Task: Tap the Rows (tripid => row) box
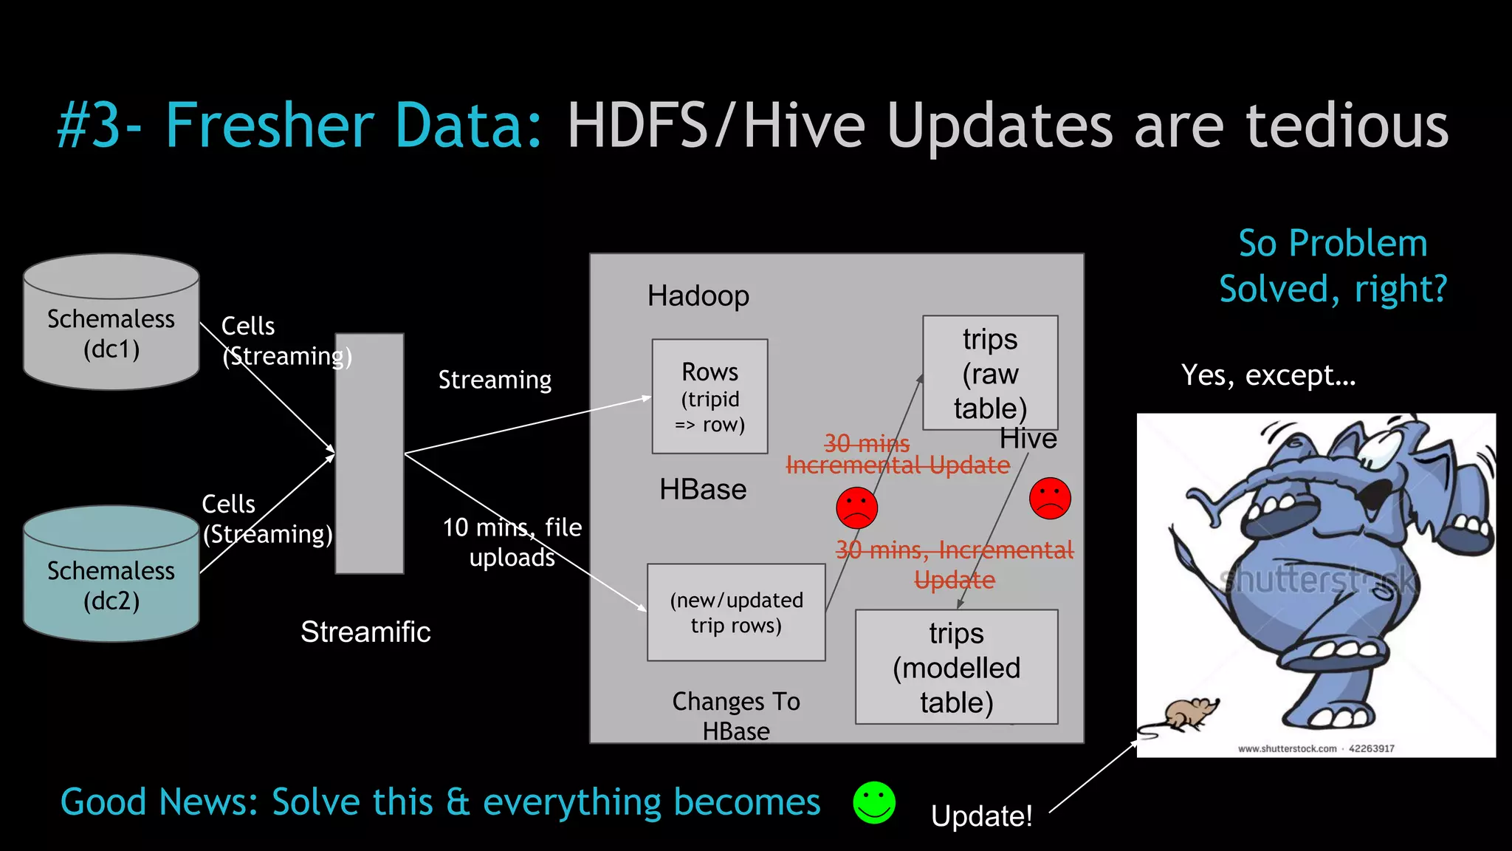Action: (x=709, y=397)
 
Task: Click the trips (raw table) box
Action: (x=989, y=373)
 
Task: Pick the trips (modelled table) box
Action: (x=956, y=667)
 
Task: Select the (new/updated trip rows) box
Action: (x=735, y=612)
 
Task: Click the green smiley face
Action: (x=874, y=802)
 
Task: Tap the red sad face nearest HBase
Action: (x=856, y=507)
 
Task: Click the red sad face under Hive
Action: (x=1050, y=498)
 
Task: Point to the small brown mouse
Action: (x=1189, y=714)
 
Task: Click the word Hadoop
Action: (x=698, y=296)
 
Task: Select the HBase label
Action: (x=703, y=490)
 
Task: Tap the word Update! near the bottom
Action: (x=981, y=816)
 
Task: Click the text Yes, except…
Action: (x=1268, y=375)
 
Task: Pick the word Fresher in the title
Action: (x=270, y=126)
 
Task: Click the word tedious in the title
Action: (x=1347, y=126)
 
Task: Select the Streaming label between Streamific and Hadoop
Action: (x=495, y=380)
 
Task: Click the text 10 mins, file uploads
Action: (x=512, y=541)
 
